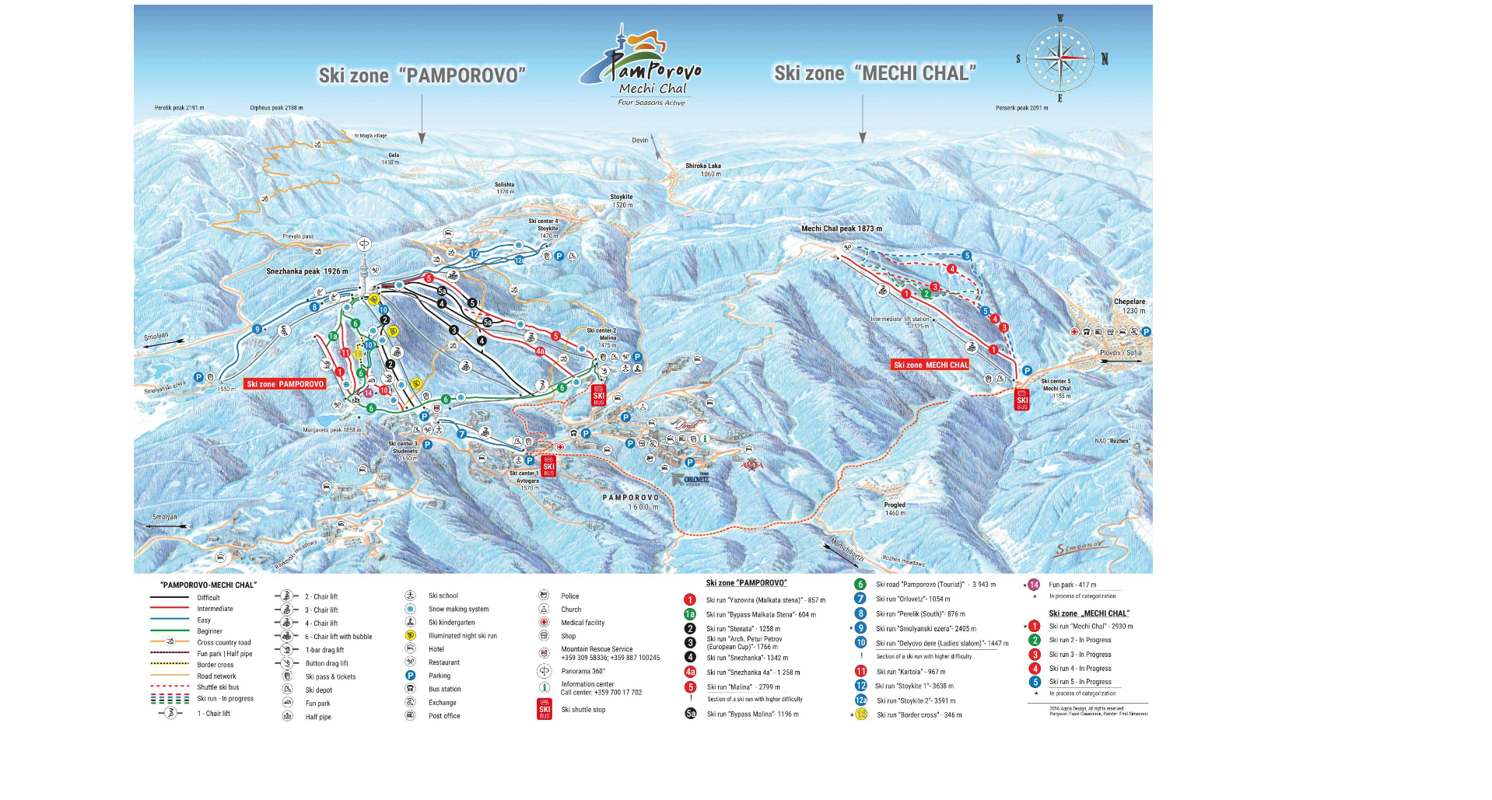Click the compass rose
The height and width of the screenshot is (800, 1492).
1060,59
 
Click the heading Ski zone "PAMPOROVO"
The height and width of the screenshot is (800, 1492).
422,75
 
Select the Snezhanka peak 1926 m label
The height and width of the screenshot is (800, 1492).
306,271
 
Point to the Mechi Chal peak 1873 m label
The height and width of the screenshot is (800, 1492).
841,229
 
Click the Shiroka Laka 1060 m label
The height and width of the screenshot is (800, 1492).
702,169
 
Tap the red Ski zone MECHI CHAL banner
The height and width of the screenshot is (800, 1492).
930,365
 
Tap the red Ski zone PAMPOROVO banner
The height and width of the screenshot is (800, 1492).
285,384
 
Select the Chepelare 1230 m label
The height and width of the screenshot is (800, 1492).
1129,306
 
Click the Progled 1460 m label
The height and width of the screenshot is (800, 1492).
894,508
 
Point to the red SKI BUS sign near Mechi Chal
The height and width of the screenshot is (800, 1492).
1021,400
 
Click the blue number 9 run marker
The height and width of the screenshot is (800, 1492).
257,330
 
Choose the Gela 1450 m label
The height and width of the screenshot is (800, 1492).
393,159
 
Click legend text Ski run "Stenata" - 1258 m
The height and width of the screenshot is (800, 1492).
742,629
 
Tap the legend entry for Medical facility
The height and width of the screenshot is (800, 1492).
582,623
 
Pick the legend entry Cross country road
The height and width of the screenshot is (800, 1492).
223,642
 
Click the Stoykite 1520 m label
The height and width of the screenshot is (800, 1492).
621,201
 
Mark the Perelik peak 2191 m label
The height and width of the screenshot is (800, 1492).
179,108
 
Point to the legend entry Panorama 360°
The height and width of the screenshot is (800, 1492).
583,671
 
